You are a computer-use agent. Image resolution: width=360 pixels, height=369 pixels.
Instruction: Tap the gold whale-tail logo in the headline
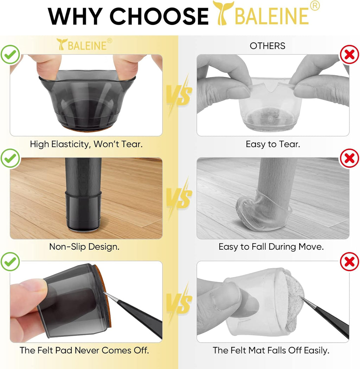pyautogui.click(x=223, y=13)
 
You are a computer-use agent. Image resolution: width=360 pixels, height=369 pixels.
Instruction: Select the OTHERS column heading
pyautogui.click(x=268, y=46)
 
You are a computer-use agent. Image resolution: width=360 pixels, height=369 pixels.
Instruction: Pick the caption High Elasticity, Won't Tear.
pyautogui.click(x=86, y=144)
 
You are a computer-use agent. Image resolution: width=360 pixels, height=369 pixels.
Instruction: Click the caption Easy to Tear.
pyautogui.click(x=272, y=144)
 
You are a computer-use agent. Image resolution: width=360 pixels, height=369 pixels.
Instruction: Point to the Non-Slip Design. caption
pyautogui.click(x=84, y=246)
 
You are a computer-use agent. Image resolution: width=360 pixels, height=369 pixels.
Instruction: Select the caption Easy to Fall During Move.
pyautogui.click(x=271, y=246)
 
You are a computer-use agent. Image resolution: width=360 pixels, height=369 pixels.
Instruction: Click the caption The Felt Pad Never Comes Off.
pyautogui.click(x=84, y=350)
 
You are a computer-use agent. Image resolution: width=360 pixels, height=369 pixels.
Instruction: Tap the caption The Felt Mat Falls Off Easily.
pyautogui.click(x=271, y=350)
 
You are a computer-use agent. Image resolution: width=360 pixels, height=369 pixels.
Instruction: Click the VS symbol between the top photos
pyautogui.click(x=179, y=94)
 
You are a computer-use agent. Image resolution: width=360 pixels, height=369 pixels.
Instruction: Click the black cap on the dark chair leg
pyautogui.click(x=84, y=211)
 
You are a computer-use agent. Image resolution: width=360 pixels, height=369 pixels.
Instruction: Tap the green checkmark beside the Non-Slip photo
pyautogui.click(x=9, y=158)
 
